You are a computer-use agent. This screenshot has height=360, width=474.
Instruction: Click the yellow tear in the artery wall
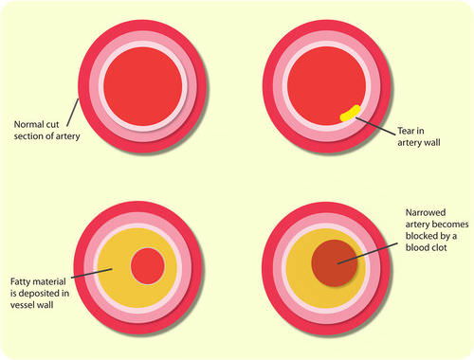pyautogui.click(x=350, y=114)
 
